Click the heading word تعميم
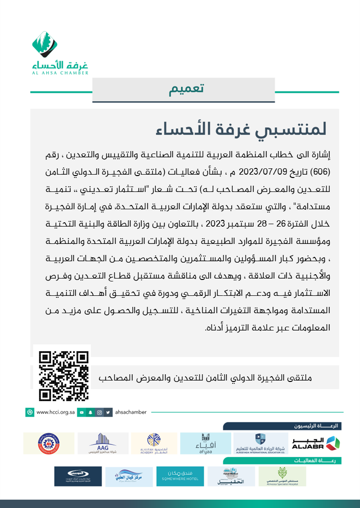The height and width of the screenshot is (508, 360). (x=186, y=89)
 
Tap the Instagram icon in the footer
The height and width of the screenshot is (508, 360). (x=99, y=412)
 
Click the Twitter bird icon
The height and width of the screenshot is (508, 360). (x=108, y=412)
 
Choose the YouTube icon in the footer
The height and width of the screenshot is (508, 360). (x=82, y=412)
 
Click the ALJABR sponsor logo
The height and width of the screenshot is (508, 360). (x=316, y=443)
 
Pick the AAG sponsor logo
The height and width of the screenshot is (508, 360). (x=103, y=443)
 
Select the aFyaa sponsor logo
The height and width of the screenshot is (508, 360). (x=205, y=443)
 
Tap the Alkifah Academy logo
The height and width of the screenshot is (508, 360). (x=154, y=443)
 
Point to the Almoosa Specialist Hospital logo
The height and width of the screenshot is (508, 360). (x=282, y=476)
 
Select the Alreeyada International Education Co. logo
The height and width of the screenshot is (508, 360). (x=260, y=443)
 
